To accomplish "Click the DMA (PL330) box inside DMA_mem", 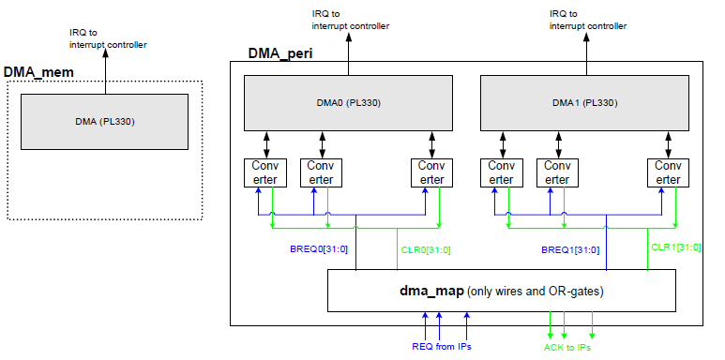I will pyautogui.click(x=106, y=121).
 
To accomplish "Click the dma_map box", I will pyautogui.click(x=501, y=291).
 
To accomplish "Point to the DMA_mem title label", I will pyautogui.click(x=38, y=72).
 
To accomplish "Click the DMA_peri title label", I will pyautogui.click(x=280, y=52).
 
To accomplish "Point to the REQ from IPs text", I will pyautogui.click(x=442, y=348).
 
